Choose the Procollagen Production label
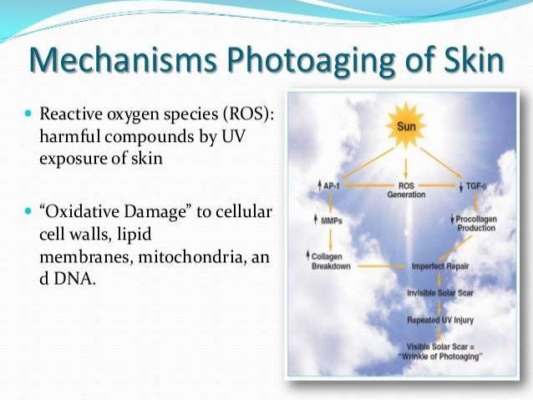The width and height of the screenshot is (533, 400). pos(475,223)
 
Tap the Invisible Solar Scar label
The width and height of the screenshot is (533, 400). pos(438,293)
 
